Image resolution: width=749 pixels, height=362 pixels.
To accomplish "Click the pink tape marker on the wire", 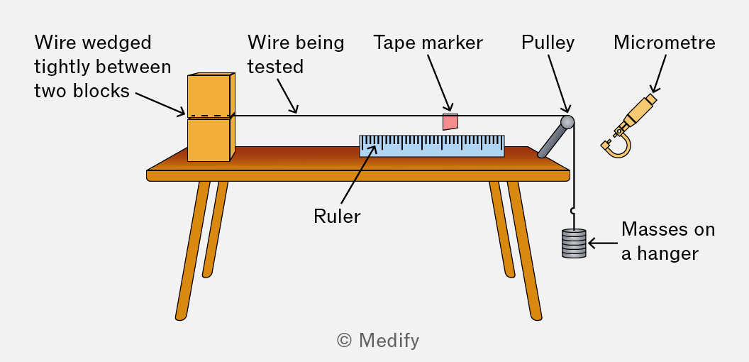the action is point(450,121).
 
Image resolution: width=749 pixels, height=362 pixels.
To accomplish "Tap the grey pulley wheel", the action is point(567,121).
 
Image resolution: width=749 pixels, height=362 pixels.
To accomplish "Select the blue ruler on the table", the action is point(432,146).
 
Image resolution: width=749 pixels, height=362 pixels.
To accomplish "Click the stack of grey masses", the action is point(574,243).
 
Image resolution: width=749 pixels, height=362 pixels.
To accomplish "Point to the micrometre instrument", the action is point(628,126).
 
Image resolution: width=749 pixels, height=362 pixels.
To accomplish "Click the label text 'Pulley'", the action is point(548,43).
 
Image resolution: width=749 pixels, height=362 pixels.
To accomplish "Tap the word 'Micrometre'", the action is point(665,43).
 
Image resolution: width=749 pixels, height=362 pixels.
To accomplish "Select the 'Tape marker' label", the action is point(428,43).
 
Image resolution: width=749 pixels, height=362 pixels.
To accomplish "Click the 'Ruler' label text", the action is point(337,216).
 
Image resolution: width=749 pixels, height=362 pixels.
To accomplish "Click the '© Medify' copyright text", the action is point(378,341).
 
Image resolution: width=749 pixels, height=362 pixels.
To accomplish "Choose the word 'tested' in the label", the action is point(276,67).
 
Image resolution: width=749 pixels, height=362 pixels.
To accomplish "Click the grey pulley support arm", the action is point(550,141).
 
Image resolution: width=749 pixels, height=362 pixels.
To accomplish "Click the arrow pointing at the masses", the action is point(603,243).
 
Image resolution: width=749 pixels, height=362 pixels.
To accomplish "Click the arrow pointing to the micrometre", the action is point(659,72).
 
